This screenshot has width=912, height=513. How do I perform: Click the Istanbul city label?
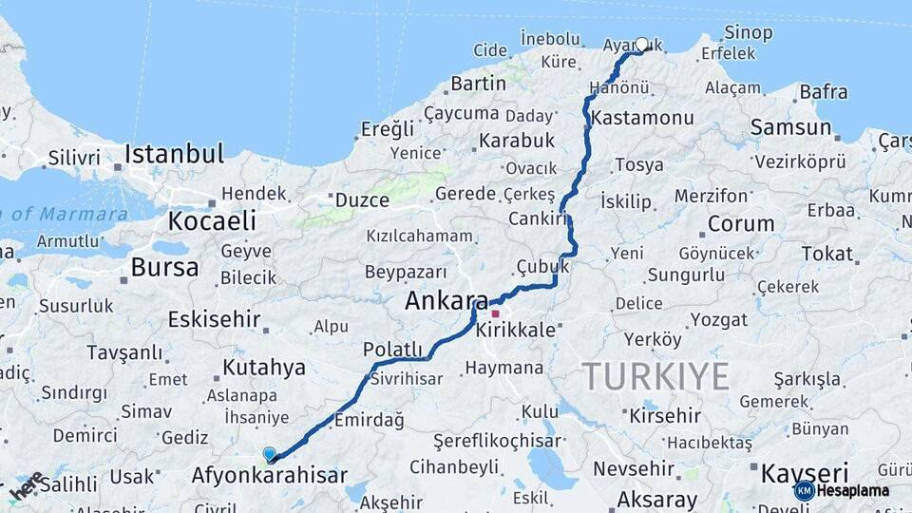coord(174,154)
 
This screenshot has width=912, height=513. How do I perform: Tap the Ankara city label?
coord(446,301)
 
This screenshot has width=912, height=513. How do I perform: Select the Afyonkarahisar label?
coord(269,475)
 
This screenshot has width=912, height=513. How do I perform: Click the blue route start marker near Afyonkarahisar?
coord(270,455)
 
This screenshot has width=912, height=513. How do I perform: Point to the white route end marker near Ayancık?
coord(641,44)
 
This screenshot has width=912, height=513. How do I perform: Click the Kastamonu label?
coord(641,119)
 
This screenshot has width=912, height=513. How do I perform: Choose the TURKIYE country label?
coord(655,376)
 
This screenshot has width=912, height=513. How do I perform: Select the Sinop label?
coord(748,33)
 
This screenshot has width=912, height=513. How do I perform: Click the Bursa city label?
coord(164,268)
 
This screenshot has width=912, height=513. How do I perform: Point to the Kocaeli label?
coord(212,221)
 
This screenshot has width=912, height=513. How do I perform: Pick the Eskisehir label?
coord(214,319)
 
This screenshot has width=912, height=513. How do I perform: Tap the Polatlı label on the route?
coord(392,349)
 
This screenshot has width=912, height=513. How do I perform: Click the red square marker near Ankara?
coord(495,313)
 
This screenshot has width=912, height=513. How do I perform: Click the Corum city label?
coord(741,224)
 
